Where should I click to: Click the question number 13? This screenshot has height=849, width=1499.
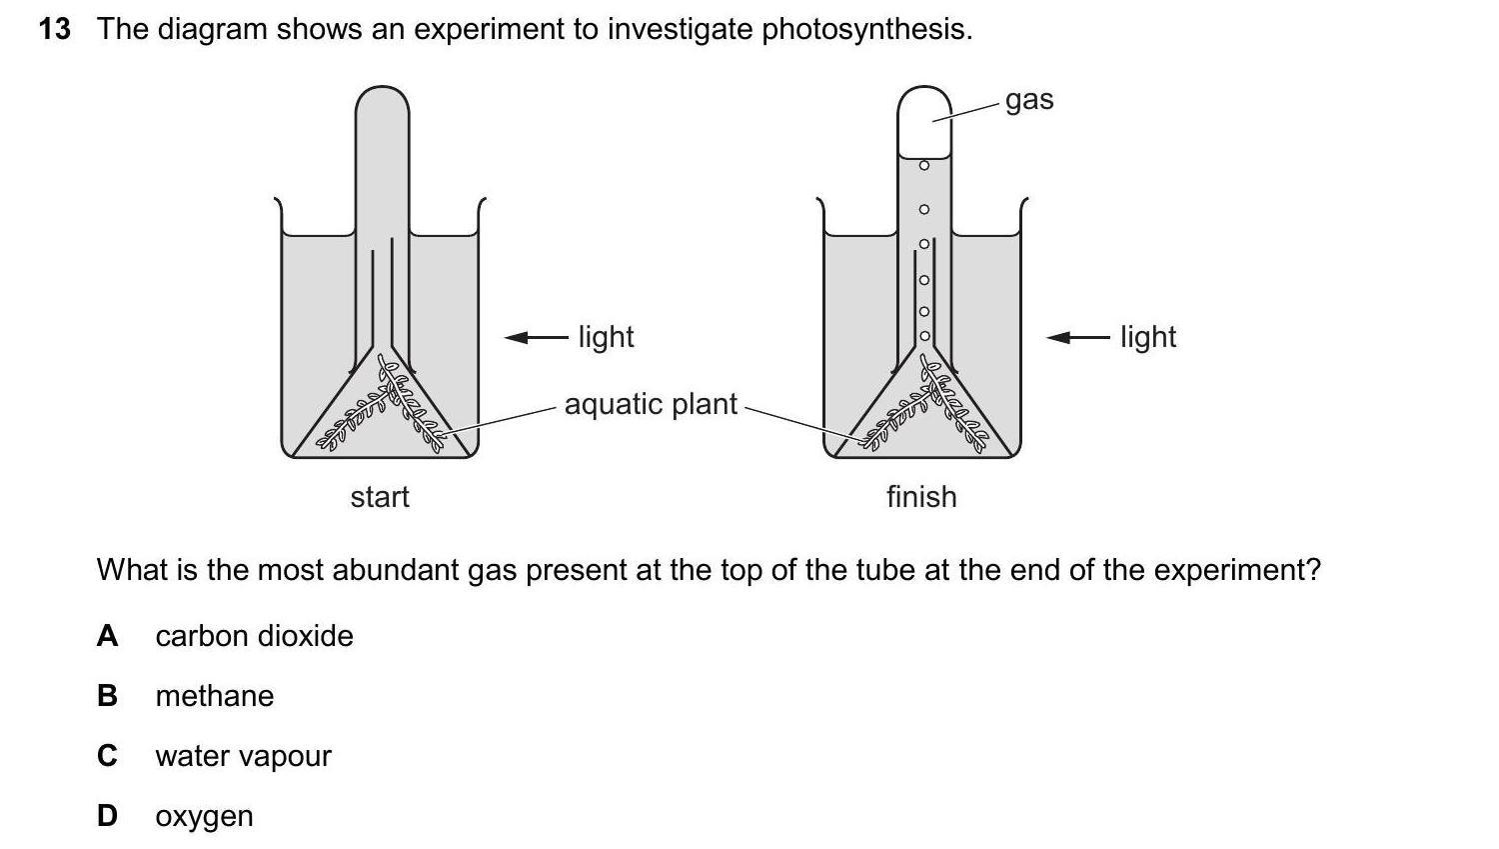click(x=55, y=30)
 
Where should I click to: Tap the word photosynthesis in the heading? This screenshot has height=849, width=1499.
click(x=865, y=30)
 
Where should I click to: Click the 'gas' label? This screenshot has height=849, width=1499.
click(x=1029, y=100)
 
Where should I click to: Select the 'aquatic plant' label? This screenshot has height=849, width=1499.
click(x=651, y=404)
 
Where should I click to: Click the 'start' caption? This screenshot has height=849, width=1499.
click(x=380, y=497)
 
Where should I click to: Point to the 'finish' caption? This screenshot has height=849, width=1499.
click(x=921, y=497)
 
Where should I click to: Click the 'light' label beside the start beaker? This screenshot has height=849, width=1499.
click(x=606, y=337)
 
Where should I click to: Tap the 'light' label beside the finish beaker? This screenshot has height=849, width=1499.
click(x=1148, y=337)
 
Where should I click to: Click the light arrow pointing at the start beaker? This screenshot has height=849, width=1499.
click(x=536, y=338)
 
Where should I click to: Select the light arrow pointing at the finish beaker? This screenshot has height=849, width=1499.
click(x=1077, y=338)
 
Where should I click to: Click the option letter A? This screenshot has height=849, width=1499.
click(x=107, y=636)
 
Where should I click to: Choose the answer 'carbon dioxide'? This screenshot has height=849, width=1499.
click(x=254, y=636)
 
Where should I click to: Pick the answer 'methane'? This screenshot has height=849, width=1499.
click(x=214, y=696)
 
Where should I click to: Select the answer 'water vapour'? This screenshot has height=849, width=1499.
click(x=243, y=756)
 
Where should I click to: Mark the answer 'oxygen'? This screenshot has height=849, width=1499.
click(x=204, y=816)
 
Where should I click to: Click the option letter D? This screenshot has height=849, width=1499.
click(x=107, y=816)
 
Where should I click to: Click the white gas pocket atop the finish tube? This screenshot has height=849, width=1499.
click(x=923, y=125)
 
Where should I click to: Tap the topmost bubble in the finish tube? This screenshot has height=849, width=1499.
click(x=924, y=164)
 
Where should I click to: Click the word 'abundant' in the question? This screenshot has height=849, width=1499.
click(x=394, y=570)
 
